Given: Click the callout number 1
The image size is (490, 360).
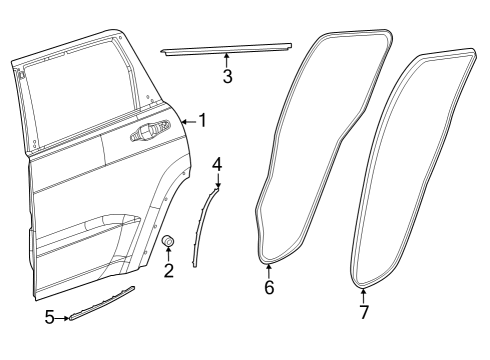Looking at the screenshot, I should (x=202, y=121).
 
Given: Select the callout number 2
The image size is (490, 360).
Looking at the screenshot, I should (x=168, y=270).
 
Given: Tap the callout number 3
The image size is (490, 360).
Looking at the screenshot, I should (x=228, y=78).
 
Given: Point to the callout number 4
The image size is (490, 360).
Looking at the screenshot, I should (x=217, y=162).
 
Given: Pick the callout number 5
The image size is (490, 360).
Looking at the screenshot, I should (x=50, y=318).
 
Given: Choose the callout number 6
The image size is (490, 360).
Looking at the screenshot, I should (x=268, y=288).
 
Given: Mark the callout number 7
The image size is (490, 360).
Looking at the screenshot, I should (x=364, y=312).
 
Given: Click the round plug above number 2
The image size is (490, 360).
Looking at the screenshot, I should (x=168, y=241).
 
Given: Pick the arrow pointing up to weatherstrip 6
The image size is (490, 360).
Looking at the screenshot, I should (x=268, y=271).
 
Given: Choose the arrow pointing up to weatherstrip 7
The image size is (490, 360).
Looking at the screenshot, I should (x=364, y=295).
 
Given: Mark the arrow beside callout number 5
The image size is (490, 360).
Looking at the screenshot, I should (x=64, y=318).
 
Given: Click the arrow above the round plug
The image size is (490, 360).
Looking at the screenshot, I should (x=168, y=254).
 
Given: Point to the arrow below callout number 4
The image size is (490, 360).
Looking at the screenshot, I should (x=216, y=180).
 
